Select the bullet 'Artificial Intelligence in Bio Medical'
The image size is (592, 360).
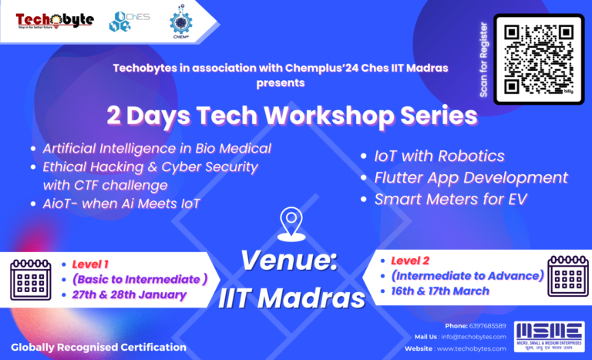pos(156,148)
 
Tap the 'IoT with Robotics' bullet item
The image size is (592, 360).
pos(439,156)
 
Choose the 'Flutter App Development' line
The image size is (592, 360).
pos(470,177)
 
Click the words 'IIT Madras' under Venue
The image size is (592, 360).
pos(290,296)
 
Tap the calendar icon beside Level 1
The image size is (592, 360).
pos(30,279)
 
